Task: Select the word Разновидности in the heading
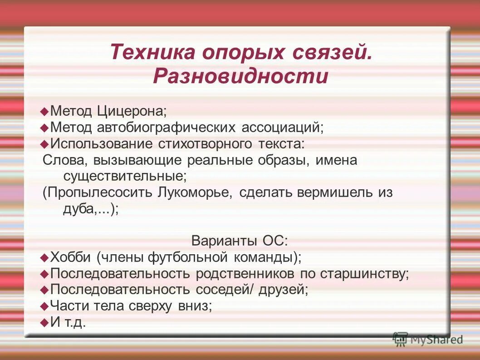pos(240,76)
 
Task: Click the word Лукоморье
pos(195,192)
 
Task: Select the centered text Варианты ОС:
pos(240,241)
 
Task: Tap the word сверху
pos(149,306)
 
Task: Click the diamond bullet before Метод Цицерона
pos(44,111)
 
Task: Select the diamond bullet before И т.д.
pos(44,322)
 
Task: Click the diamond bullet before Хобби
pos(44,257)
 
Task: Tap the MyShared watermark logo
pos(427,339)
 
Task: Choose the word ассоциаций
pos(285,128)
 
